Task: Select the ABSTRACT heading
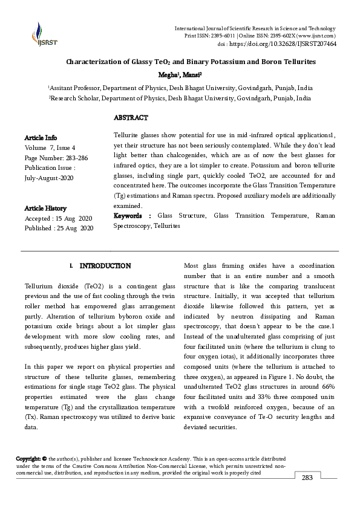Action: tap(131, 117)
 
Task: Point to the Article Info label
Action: tap(41, 138)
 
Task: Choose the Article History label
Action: tap(45, 208)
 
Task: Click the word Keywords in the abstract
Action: tap(128, 216)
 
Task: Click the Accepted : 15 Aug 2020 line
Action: tap(59, 218)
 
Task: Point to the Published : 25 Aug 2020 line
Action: tap(59, 228)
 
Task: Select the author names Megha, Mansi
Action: tap(180, 75)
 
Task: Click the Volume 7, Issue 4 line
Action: tap(50, 148)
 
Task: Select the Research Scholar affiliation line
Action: tap(180, 97)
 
